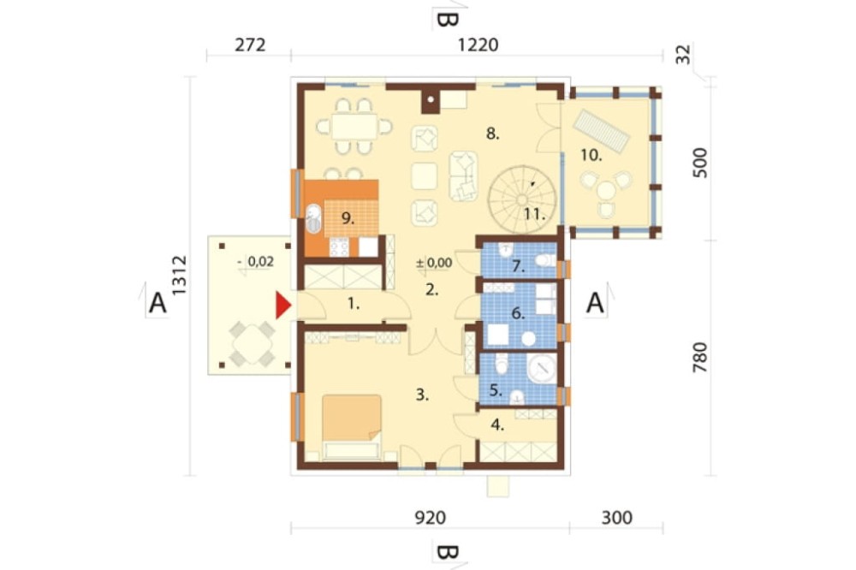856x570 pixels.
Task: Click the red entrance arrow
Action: [x=282, y=306]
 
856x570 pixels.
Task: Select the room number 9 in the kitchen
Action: [x=348, y=218]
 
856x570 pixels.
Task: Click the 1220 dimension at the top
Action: [x=478, y=45]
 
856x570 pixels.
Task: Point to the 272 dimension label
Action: [x=250, y=45]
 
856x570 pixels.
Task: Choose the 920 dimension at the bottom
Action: [x=431, y=517]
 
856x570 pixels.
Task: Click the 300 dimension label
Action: [x=617, y=517]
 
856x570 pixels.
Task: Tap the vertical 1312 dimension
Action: [x=179, y=276]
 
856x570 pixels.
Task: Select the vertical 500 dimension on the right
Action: [x=699, y=163]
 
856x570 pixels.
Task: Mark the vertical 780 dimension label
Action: [x=699, y=358]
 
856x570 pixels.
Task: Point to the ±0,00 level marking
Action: [x=434, y=263]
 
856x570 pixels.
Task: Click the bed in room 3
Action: [x=352, y=426]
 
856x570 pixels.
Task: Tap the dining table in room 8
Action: [x=354, y=126]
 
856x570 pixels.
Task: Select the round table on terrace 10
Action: [x=607, y=191]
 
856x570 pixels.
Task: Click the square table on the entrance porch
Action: [x=253, y=344]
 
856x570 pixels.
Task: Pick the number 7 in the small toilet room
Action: [x=518, y=267]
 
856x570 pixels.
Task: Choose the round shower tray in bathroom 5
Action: [x=542, y=369]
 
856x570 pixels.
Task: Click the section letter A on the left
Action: [x=158, y=302]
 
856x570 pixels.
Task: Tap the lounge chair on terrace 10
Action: [x=601, y=131]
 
